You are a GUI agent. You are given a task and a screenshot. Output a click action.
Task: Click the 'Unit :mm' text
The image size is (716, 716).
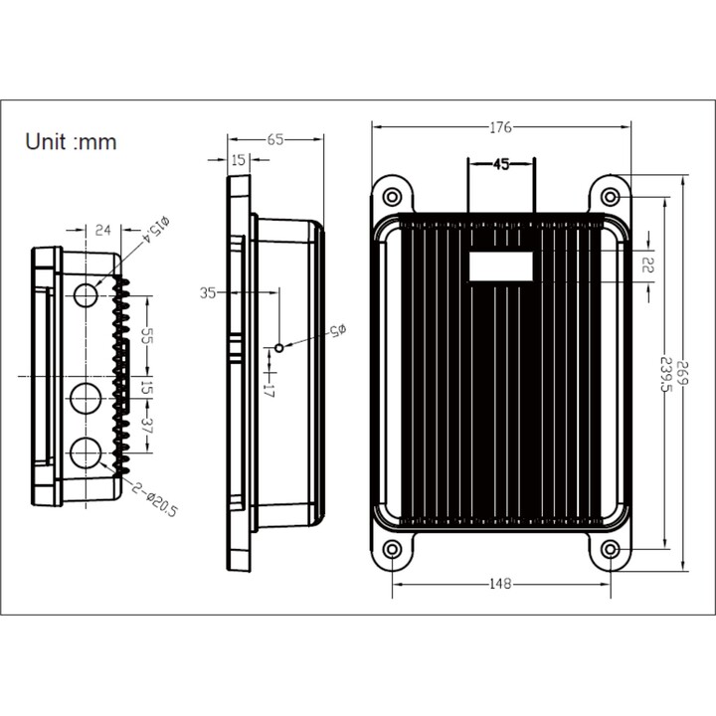(x=72, y=141)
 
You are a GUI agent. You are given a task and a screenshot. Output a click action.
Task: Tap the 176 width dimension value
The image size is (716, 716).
(x=500, y=127)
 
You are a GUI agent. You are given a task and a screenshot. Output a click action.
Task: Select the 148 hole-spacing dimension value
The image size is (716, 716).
(x=500, y=584)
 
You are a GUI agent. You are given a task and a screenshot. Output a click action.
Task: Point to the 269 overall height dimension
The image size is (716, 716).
(x=682, y=373)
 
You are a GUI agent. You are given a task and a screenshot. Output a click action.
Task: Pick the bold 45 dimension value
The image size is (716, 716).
(x=501, y=164)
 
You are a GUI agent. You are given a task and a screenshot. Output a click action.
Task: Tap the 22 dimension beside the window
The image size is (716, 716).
(x=648, y=264)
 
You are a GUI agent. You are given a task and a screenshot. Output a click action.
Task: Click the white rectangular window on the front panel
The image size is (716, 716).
(x=501, y=267)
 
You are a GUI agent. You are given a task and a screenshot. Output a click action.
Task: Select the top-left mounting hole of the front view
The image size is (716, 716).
(x=392, y=197)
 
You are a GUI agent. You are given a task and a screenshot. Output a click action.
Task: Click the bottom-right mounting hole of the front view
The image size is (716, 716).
(x=611, y=550)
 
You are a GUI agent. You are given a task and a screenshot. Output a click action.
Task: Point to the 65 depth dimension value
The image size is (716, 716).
(x=275, y=140)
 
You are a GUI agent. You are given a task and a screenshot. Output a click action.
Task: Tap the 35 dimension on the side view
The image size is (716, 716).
(x=208, y=292)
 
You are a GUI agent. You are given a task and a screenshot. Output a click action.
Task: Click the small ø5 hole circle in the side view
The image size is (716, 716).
(x=279, y=348)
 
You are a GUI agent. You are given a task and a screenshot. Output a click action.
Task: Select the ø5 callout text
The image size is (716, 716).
(x=337, y=330)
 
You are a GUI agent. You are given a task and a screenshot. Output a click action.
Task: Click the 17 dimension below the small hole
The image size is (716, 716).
(x=269, y=391)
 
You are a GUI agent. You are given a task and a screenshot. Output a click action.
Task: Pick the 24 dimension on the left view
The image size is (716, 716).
(x=102, y=230)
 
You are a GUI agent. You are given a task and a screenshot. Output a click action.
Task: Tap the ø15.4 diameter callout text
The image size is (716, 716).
(x=156, y=230)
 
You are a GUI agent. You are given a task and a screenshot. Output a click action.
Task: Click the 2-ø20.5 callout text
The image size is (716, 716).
(x=154, y=498)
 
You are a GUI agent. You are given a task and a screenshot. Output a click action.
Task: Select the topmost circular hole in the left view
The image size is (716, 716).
(x=86, y=295)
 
